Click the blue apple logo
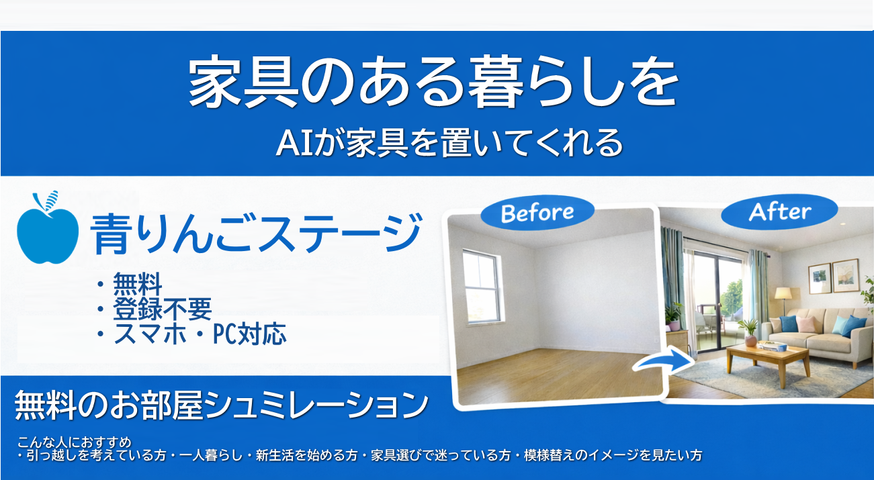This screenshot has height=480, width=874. tap(48, 232)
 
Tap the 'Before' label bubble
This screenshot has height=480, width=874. tap(537, 213)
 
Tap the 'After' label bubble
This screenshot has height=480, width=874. tap(779, 212)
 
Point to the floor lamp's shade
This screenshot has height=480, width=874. tap(783, 293)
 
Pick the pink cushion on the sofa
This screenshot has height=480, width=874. tap(805, 324)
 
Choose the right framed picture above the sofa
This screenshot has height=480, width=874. tap(845, 275)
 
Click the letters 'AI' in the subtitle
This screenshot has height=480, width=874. tap(291, 144)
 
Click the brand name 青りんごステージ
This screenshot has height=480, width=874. tap(256, 234)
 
